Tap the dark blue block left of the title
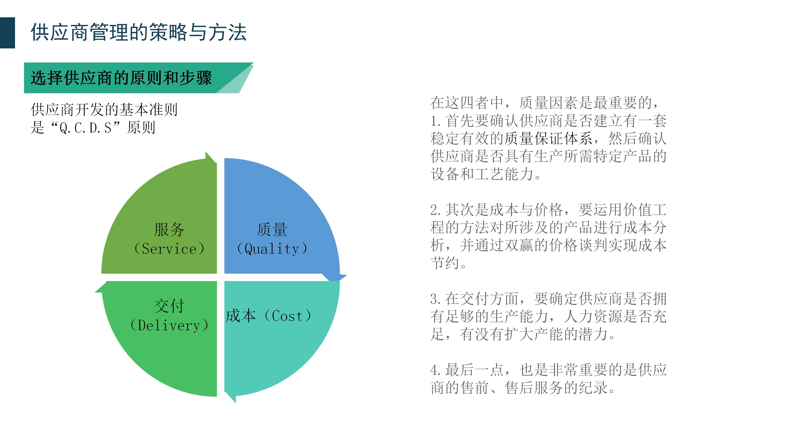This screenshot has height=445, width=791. pos(7,33)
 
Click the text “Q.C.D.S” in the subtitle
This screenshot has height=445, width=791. pos(85,128)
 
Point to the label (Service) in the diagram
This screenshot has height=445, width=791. pos(169,248)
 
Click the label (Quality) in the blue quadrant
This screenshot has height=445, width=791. pos(272,248)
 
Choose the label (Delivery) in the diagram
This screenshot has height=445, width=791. pos(169,325)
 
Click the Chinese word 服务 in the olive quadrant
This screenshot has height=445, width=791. pos(169,230)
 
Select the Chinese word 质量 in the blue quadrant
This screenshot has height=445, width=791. pos(272,230)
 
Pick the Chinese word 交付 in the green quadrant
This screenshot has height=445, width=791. pos(169,306)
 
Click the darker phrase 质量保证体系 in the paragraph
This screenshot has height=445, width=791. pos(548,138)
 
